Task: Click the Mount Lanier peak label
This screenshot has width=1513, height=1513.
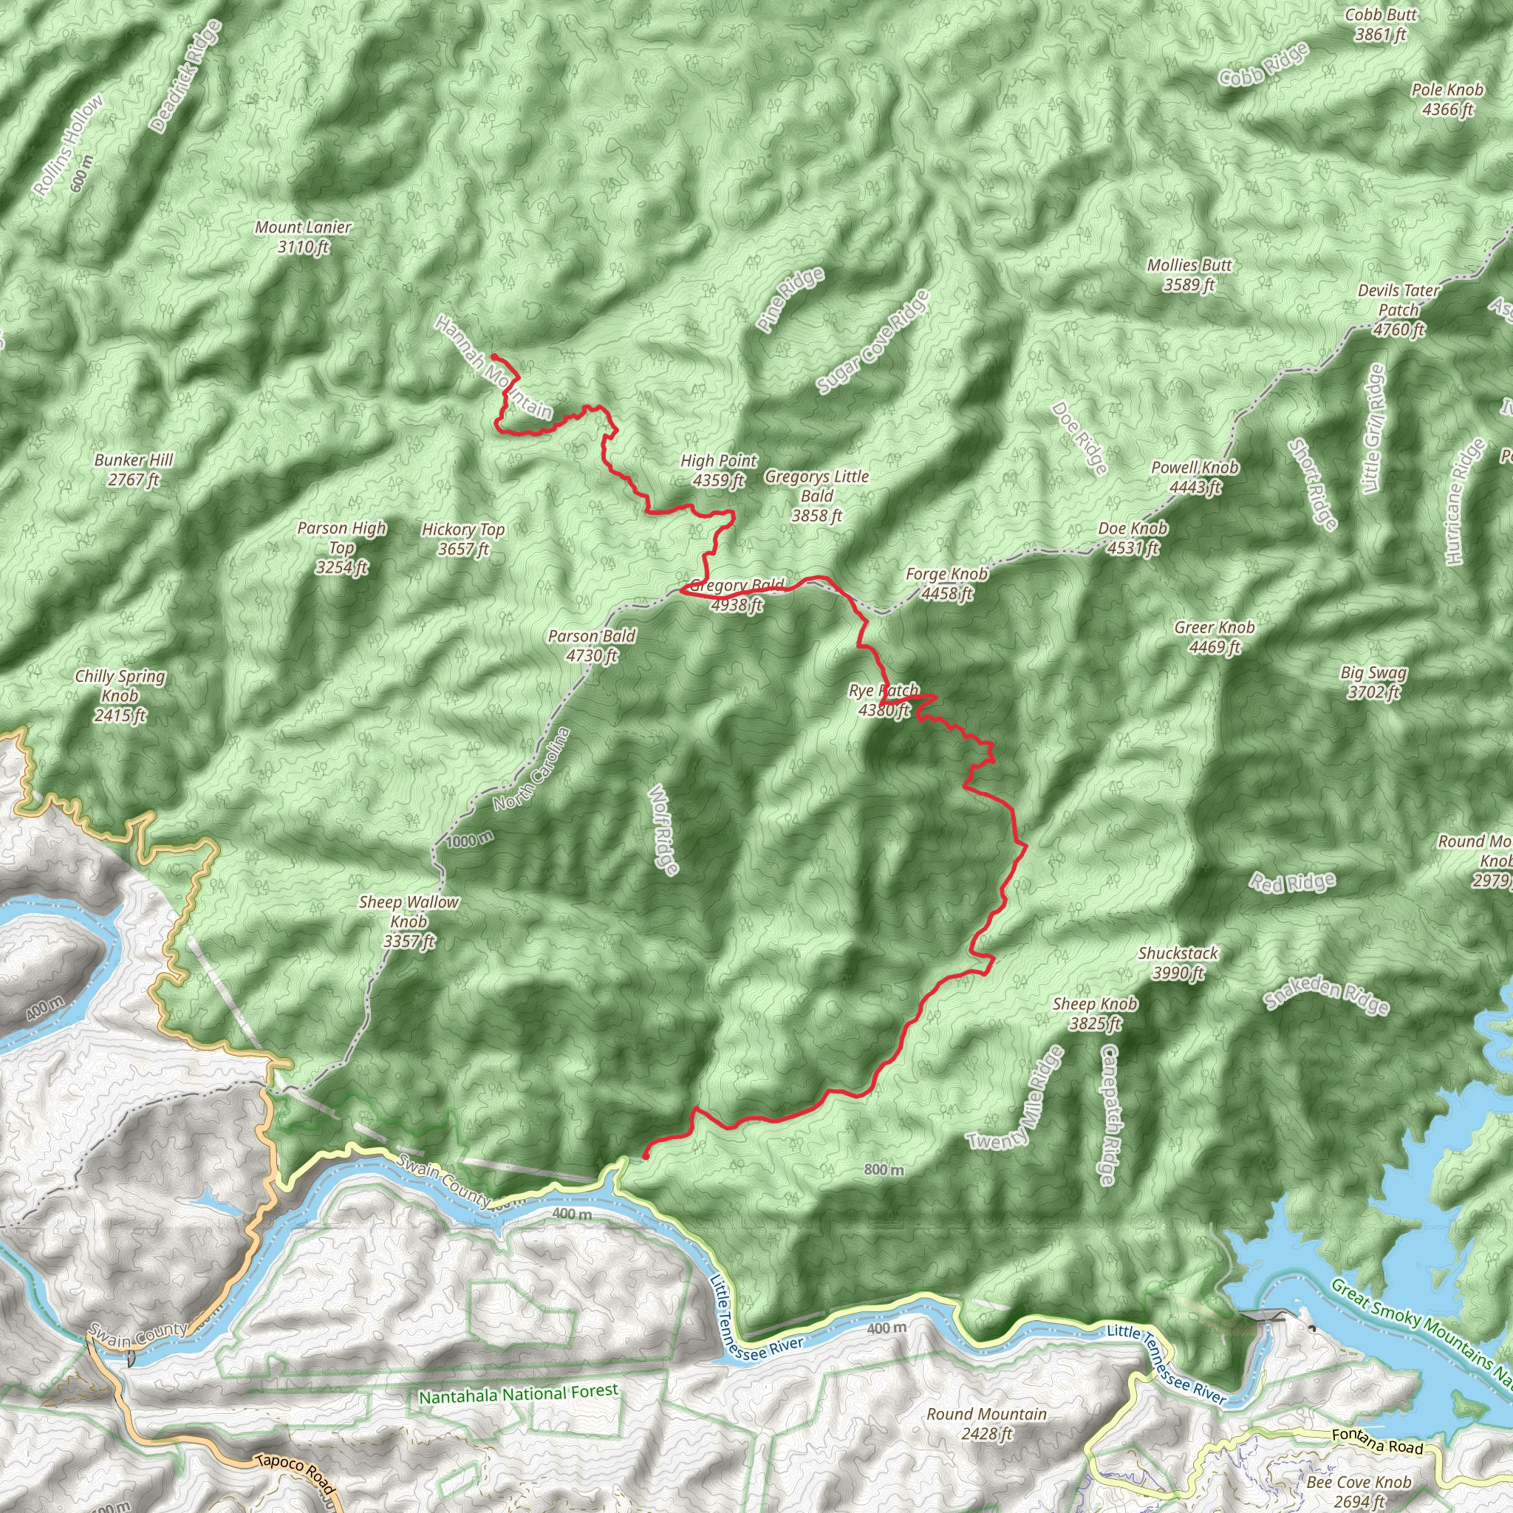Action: (x=303, y=236)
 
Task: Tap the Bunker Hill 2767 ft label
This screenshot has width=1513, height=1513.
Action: (x=133, y=469)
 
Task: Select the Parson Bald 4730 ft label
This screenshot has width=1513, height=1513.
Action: (x=591, y=645)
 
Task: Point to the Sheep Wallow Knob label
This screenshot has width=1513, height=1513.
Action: (x=409, y=921)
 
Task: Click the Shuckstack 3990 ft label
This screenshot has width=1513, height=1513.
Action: (x=1178, y=963)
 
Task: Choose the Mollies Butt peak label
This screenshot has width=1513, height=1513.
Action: (x=1189, y=275)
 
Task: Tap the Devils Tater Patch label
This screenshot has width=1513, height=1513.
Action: (x=1398, y=310)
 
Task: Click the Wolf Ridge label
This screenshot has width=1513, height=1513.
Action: (x=663, y=830)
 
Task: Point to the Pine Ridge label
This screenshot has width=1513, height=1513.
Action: (x=791, y=299)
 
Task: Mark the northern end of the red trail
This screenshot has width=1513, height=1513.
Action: (x=493, y=356)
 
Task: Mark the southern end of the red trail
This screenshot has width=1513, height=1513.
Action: (x=644, y=1156)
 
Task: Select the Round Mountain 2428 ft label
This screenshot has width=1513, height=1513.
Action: (x=987, y=1424)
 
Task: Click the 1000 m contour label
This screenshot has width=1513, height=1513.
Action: (x=470, y=839)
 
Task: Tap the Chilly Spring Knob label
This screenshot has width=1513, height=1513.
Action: (x=120, y=694)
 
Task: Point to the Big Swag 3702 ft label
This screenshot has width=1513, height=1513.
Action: (x=1373, y=681)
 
